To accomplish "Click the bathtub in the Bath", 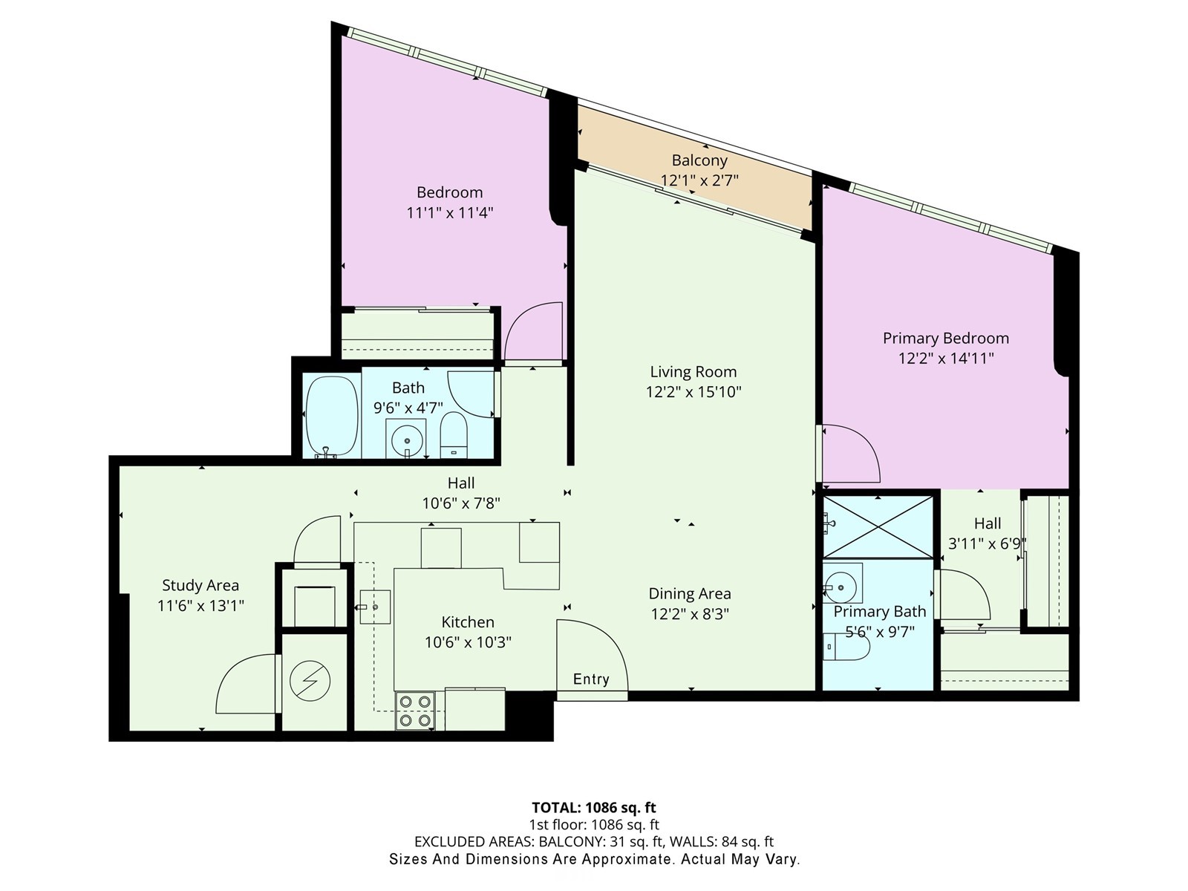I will [x=331, y=416].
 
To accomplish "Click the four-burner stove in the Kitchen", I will [x=415, y=710].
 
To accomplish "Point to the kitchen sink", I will [x=375, y=607].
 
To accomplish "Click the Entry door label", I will [x=591, y=679].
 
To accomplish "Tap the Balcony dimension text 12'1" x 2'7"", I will [x=699, y=180].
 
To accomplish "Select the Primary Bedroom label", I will [x=945, y=339].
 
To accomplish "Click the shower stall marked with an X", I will [x=878, y=526].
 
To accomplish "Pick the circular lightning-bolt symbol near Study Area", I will [x=310, y=680].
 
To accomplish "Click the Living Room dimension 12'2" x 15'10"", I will [x=693, y=392].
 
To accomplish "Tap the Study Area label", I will [x=200, y=586].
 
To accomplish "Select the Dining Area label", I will [x=690, y=594].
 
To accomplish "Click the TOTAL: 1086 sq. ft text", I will [x=594, y=807].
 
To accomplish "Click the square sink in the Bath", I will [x=406, y=439].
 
